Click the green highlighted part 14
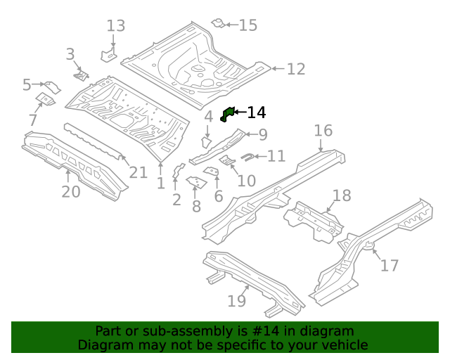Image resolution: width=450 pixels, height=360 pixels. tap(226, 114)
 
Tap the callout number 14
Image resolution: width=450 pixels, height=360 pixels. tap(256, 112)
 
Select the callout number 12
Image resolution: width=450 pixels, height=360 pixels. tap(296, 69)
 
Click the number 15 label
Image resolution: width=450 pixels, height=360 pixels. tap(247, 25)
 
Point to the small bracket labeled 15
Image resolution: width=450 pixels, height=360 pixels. tap(219, 25)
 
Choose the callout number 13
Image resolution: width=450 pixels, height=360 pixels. tap(115, 26)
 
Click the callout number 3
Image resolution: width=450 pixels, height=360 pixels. tap(70, 54)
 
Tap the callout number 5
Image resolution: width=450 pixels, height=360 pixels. tap(27, 85)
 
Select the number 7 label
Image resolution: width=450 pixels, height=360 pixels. tap(33, 120)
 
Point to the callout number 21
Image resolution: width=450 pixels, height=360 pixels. tap(138, 173)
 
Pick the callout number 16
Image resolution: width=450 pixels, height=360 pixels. tap(323, 131)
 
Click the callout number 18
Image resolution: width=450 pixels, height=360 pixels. tap(341, 195)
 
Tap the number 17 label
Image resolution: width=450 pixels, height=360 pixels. tap(389, 265)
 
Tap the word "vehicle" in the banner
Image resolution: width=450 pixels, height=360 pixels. tap(344, 345)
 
